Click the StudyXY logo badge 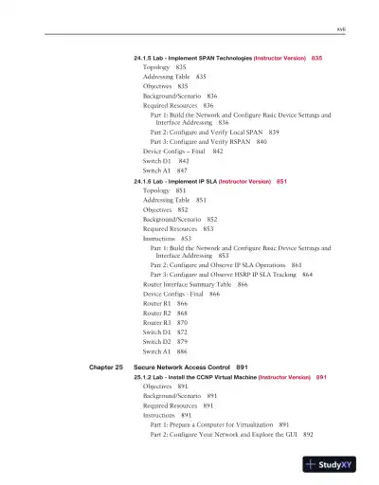(335, 465)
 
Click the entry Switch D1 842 (166, 161)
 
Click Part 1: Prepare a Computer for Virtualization (219, 425)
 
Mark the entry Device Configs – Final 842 (183, 152)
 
